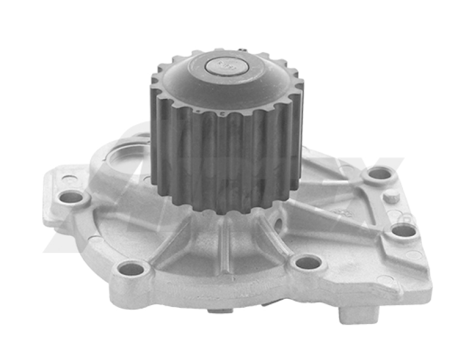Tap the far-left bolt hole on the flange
click(71, 197)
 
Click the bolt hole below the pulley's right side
click(309, 263)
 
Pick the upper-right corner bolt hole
click(379, 173)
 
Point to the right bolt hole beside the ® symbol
click(404, 230)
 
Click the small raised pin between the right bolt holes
click(392, 197)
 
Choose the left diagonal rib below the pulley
click(172, 240)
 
